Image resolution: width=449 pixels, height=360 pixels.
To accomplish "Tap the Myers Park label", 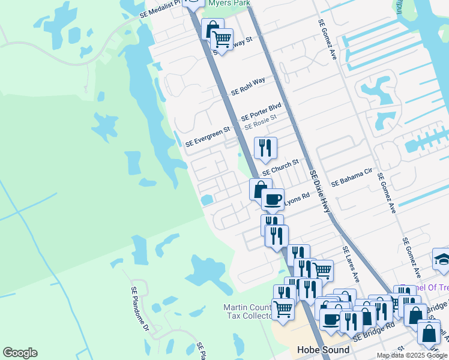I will (x=229, y=3).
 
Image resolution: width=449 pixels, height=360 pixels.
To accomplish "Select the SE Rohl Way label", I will (x=248, y=86).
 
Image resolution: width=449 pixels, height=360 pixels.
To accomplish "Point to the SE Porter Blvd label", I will (x=261, y=112).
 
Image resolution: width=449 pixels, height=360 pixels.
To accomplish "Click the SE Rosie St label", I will (x=260, y=122).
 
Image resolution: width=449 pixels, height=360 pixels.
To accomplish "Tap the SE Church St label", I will (x=280, y=167).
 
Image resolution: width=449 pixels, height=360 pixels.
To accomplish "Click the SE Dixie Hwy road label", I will (x=320, y=191).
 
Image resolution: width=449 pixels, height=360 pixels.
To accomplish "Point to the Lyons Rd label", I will (x=296, y=198).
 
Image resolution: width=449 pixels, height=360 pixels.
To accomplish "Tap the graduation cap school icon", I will (x=442, y=259).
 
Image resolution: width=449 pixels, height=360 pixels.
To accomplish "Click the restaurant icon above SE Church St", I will (x=265, y=147).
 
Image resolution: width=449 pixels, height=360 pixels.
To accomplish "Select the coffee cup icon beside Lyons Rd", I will (x=273, y=198).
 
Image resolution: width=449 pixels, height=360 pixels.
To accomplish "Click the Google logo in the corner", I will (x=20, y=353).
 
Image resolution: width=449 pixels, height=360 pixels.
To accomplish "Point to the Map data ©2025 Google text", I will (x=412, y=355).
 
